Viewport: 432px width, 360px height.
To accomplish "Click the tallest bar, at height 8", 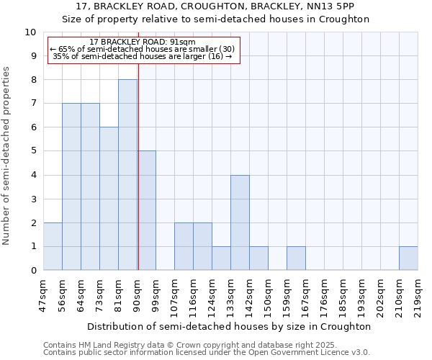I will pyautogui.click(x=127, y=175).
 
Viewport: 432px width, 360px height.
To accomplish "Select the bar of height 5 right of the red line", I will pyautogui.click(x=147, y=210).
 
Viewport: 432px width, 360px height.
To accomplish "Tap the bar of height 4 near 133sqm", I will pyautogui.click(x=240, y=222).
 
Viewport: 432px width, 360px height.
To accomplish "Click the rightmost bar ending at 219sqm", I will pyautogui.click(x=408, y=258).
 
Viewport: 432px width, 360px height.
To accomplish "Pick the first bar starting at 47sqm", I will pyautogui.click(x=53, y=246).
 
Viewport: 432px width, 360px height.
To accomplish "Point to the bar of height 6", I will pyautogui.click(x=109, y=199).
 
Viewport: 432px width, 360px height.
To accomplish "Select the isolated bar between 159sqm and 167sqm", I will pyautogui.click(x=296, y=258).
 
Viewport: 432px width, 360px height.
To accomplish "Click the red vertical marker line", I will pyautogui.click(x=138, y=166).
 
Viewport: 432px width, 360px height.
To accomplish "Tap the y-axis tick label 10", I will pyautogui.click(x=30, y=32).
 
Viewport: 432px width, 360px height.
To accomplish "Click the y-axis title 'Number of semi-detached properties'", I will pyautogui.click(x=7, y=156).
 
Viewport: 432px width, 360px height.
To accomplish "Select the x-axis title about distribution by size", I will pyautogui.click(x=230, y=326).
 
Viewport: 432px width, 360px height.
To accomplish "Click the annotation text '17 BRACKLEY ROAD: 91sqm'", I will pyautogui.click(x=143, y=42).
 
